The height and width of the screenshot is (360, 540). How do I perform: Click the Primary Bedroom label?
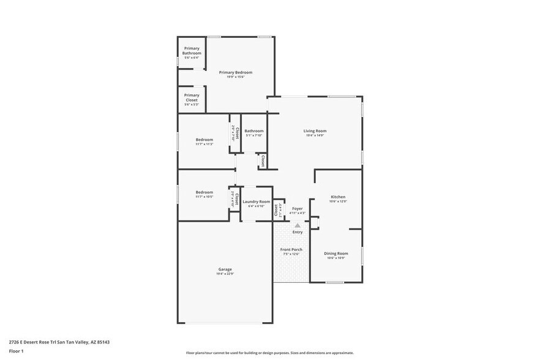point(236,72)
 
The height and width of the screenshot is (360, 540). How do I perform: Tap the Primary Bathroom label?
point(192,50)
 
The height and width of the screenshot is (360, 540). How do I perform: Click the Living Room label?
point(315,130)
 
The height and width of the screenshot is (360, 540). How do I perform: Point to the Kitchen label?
point(338,197)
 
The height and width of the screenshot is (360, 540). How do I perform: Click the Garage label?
point(225,269)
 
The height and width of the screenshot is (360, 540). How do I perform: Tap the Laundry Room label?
point(256,201)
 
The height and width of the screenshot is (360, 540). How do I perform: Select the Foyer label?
point(297,209)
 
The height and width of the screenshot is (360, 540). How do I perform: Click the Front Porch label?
point(291,250)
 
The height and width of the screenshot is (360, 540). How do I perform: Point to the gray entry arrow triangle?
point(298,225)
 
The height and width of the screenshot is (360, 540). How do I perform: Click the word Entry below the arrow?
point(298,232)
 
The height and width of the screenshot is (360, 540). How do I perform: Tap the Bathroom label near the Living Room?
point(253,130)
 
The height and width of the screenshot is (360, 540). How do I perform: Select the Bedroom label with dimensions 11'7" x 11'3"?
point(204,139)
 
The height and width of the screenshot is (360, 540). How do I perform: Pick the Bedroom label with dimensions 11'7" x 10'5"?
point(204,192)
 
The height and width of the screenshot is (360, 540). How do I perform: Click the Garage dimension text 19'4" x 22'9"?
point(225,274)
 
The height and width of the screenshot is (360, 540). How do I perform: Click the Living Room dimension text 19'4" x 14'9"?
point(315,135)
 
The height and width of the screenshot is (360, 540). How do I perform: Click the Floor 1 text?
point(16,351)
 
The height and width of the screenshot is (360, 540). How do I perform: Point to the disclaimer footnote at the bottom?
point(269,353)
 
